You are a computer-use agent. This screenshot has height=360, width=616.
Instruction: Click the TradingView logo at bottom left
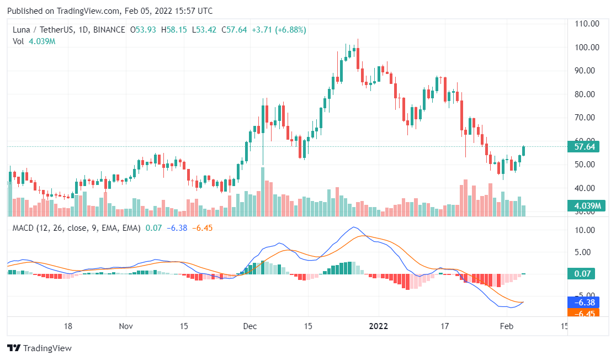[x=39, y=348]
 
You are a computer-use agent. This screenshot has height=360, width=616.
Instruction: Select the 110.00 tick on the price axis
[x=587, y=24]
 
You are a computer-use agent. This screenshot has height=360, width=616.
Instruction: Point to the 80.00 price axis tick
[x=587, y=94]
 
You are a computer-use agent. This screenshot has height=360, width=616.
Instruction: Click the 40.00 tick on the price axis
[x=587, y=188]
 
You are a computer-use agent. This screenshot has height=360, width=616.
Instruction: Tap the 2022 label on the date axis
[x=379, y=326]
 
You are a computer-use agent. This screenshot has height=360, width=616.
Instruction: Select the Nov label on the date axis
[x=126, y=326]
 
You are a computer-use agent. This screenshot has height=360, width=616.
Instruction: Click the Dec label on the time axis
[x=250, y=326]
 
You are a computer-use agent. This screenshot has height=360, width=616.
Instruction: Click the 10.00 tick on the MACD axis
[x=587, y=230]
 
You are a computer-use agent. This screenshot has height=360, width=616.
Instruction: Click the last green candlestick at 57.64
[x=524, y=151]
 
